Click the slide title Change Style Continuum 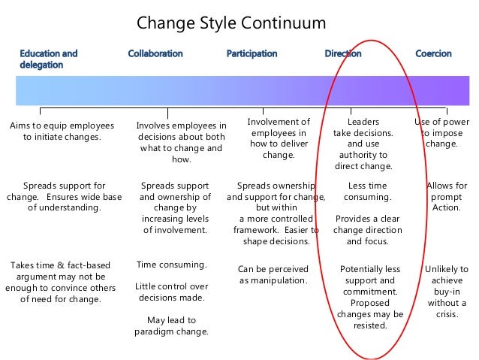click(x=231, y=23)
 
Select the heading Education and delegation click(x=48, y=59)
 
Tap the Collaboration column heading click(x=155, y=53)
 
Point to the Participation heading click(x=252, y=53)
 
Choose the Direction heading click(x=342, y=53)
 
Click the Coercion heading click(x=434, y=53)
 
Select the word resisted click(x=369, y=325)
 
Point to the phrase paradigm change click(x=172, y=331)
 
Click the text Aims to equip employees click(x=62, y=126)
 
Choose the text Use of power click(x=441, y=121)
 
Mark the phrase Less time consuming click(x=368, y=191)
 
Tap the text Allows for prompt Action click(x=447, y=196)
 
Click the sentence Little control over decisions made click(x=172, y=292)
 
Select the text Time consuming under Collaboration click(x=172, y=265)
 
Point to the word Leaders click(x=363, y=121)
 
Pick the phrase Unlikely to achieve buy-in click(x=446, y=286)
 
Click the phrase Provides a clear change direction click(x=368, y=230)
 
